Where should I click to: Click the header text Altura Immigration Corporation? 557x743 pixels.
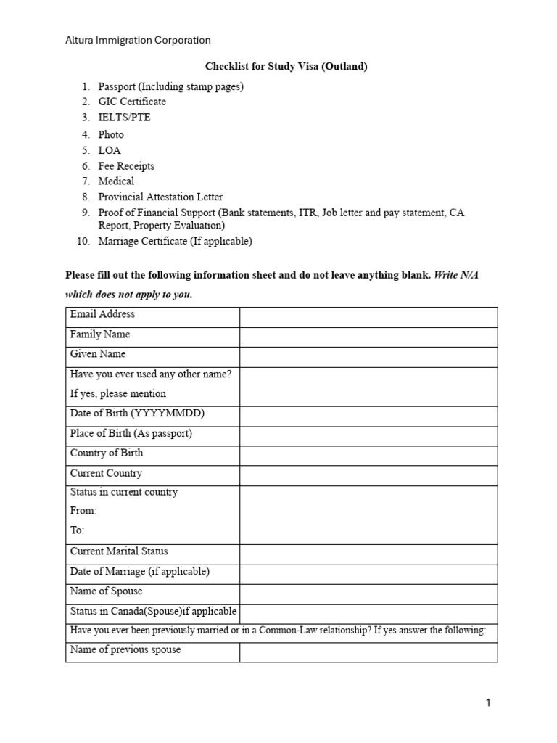[138, 41]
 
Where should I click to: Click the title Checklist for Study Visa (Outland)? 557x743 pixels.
[286, 67]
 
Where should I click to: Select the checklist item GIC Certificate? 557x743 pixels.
[132, 102]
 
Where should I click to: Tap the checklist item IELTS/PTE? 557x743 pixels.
[125, 118]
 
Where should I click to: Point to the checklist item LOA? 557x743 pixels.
[110, 150]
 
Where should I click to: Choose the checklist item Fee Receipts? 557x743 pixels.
[126, 166]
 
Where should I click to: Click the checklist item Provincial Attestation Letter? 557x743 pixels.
[160, 197]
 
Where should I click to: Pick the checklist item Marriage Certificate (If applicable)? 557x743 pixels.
[175, 242]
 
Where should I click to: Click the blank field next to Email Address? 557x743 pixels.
[368, 317]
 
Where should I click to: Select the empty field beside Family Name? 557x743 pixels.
[368, 337]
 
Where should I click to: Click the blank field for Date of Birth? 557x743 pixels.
[368, 416]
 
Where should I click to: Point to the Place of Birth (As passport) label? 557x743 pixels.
[131, 433]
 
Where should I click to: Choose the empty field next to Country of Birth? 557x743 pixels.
[368, 456]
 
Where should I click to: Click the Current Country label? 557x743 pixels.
[106, 473]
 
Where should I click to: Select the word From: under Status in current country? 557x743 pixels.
[83, 511]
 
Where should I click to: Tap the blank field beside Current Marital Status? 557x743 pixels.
[368, 554]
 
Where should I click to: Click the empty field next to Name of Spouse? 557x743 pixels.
[368, 594]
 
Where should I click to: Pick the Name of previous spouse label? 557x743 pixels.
[125, 649]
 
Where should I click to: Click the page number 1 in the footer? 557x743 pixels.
[489, 702]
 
